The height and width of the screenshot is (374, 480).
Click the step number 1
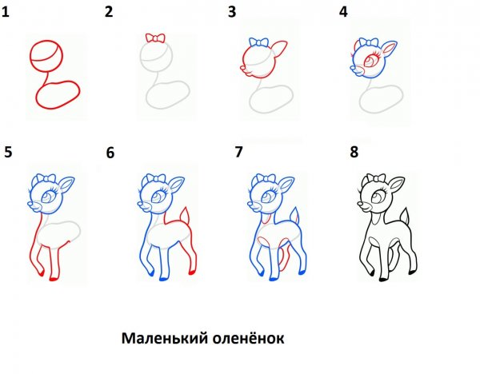tap(7, 12)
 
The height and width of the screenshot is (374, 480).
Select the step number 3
tap(231, 12)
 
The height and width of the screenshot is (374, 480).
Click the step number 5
tap(8, 152)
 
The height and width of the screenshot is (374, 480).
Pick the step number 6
tap(110, 153)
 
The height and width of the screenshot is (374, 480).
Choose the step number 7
tap(238, 151)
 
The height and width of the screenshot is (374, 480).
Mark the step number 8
tap(353, 152)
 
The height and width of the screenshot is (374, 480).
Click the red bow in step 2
tap(155, 38)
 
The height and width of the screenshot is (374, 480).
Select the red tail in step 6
tap(188, 217)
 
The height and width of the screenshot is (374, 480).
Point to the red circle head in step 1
tap(46, 58)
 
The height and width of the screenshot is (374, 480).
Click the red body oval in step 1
tap(58, 97)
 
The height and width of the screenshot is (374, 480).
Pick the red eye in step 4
tap(374, 61)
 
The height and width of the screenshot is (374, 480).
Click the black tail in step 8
tap(409, 217)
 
